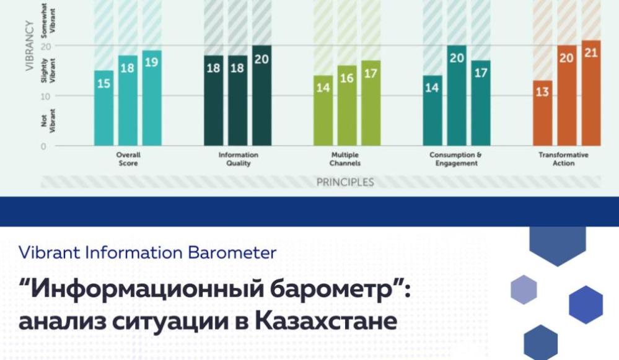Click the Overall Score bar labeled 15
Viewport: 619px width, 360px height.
pos(104,108)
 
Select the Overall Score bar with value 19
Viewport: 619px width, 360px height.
pos(152,99)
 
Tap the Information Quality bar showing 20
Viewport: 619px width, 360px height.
pos(261,95)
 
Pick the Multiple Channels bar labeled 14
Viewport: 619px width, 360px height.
pos(323,110)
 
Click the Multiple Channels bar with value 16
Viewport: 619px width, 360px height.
pos(347,106)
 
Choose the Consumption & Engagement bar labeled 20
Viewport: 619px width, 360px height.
pos(457,95)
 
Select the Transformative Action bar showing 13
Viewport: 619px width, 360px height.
pos(543,113)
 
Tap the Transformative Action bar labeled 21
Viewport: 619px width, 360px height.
pos(591,93)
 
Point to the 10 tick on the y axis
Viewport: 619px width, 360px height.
pos(46,96)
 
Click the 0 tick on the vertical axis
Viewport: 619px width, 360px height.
pos(43,146)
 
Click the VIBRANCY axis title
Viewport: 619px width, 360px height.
pos(30,46)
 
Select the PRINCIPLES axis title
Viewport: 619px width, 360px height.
pos(345,182)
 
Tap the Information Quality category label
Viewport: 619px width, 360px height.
pos(239,159)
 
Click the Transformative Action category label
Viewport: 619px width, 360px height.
pos(563,159)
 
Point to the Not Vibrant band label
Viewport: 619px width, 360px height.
pos(48,120)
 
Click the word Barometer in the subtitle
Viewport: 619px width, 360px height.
pos(232,253)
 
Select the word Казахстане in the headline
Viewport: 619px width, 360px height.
pos(326,321)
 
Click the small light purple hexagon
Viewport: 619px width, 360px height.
pos(524,289)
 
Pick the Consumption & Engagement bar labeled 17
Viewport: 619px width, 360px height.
pos(481,103)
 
